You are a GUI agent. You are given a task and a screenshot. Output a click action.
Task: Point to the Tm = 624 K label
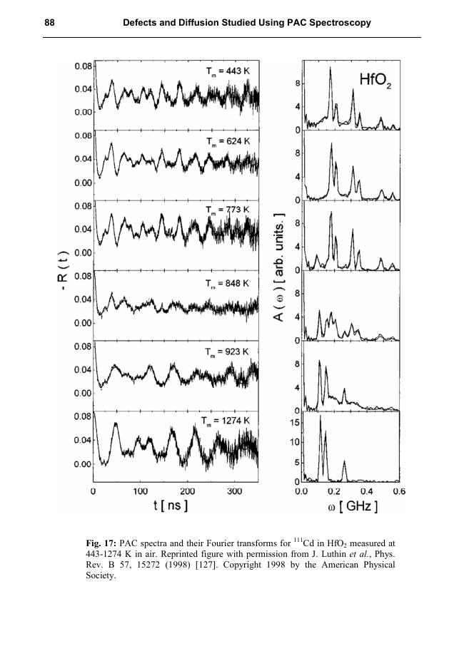(226, 141)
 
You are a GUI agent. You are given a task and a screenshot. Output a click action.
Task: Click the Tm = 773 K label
(226, 210)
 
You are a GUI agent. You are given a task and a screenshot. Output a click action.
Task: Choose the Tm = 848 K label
(226, 282)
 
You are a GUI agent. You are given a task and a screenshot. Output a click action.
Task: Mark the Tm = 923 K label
(226, 352)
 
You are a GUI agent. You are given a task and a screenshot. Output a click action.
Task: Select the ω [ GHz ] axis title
(350, 507)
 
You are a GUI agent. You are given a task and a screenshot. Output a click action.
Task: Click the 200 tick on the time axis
(187, 491)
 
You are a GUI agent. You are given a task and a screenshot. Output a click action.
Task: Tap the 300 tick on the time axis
(234, 491)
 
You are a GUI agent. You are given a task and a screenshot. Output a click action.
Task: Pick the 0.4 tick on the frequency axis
(365, 491)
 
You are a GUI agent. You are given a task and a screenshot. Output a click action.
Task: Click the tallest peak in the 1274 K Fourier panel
(321, 417)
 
